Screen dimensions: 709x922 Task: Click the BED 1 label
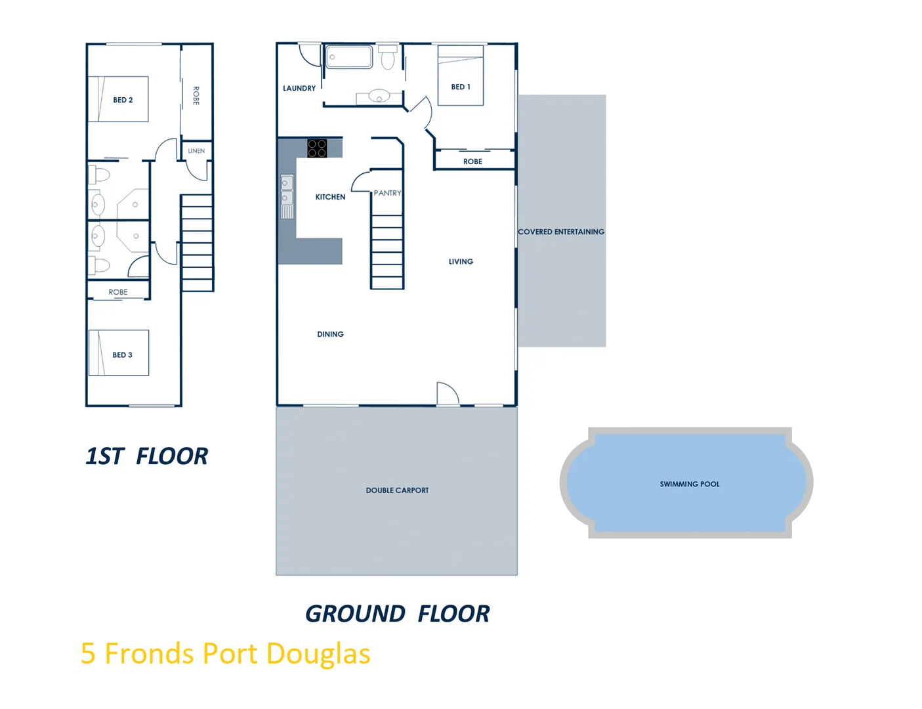pyautogui.click(x=461, y=87)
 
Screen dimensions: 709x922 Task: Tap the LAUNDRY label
pyautogui.click(x=299, y=88)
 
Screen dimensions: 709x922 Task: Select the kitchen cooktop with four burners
pyautogui.click(x=317, y=148)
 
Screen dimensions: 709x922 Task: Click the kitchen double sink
pyautogui.click(x=287, y=190)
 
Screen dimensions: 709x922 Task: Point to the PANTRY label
pyautogui.click(x=387, y=193)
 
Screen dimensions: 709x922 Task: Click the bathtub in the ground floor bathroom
pyautogui.click(x=349, y=57)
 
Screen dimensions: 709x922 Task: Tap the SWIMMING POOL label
pyautogui.click(x=690, y=484)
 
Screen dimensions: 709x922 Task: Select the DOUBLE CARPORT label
pyautogui.click(x=397, y=490)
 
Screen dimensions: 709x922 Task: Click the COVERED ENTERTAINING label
pyautogui.click(x=561, y=232)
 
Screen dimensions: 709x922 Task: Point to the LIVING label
pyautogui.click(x=461, y=261)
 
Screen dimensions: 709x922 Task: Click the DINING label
pyautogui.click(x=330, y=334)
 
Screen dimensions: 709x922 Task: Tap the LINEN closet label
pyautogui.click(x=196, y=151)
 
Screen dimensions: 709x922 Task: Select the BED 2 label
pyautogui.click(x=123, y=100)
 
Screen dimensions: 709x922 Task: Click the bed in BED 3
pyautogui.click(x=119, y=353)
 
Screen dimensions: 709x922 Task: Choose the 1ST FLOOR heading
pyautogui.click(x=147, y=456)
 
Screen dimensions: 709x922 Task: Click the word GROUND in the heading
pyautogui.click(x=355, y=614)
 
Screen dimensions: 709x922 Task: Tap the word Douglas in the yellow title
pyautogui.click(x=318, y=654)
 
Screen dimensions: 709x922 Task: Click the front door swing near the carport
pyautogui.click(x=447, y=393)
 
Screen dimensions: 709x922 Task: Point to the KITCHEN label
pyautogui.click(x=330, y=197)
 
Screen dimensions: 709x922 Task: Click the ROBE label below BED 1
pyautogui.click(x=472, y=161)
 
